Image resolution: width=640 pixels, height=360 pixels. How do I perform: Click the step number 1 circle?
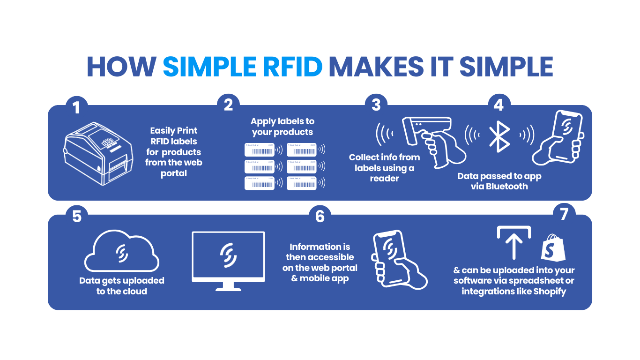coord(76,106)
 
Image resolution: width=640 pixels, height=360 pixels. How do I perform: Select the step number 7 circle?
coord(564,214)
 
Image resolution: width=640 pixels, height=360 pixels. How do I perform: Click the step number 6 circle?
coord(320,216)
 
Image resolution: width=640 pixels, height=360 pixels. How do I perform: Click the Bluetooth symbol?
coord(499,135)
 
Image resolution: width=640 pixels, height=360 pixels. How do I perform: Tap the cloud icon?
coord(122,254)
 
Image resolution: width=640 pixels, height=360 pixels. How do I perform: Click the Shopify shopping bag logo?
coord(552,248)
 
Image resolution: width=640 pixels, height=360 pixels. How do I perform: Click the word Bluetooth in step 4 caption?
coord(506,187)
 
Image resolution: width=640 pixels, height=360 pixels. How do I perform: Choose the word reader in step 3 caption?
coord(384,179)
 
